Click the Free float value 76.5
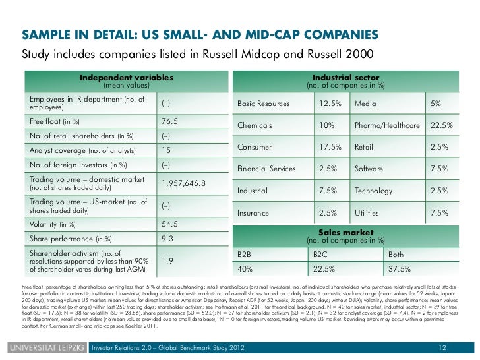click(170, 121)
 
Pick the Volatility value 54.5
click(170, 224)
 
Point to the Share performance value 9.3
click(167, 237)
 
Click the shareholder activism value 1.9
click(167, 261)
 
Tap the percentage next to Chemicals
click(326, 125)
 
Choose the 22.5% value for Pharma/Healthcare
click(441, 125)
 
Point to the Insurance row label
click(254, 213)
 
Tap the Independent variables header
click(127, 78)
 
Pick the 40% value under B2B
click(245, 269)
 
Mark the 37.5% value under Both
click(400, 269)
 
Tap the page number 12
click(442, 347)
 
